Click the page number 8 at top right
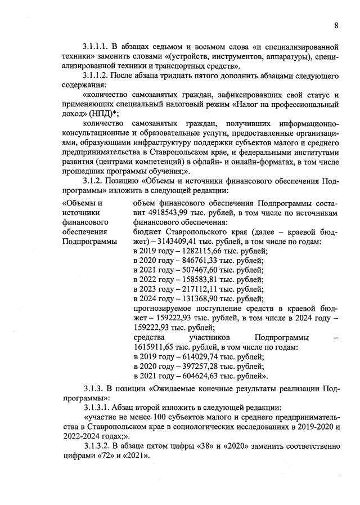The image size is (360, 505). tap(336, 26)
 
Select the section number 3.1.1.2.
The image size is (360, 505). tap(97, 75)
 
